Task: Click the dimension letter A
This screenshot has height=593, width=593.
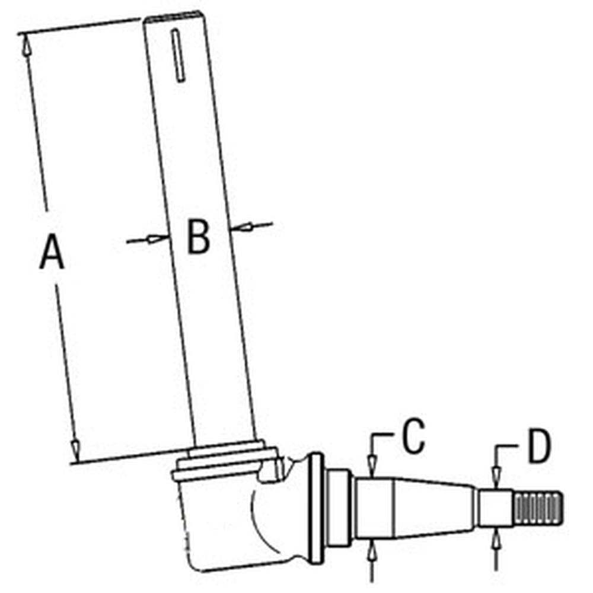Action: pos(52,251)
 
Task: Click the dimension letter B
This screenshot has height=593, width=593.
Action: pos(198,238)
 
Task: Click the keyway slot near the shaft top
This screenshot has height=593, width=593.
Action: pos(178,55)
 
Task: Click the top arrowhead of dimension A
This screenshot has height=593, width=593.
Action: pos(25,45)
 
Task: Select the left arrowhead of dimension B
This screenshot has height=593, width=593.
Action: pos(157,238)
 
